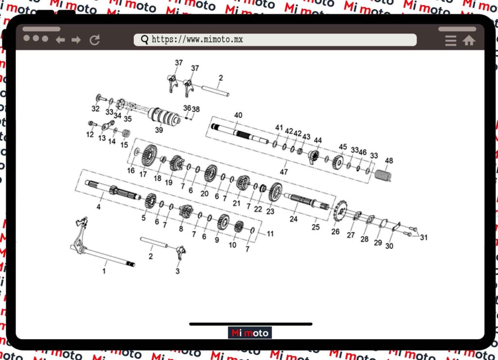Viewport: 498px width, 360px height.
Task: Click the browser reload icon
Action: point(95,40)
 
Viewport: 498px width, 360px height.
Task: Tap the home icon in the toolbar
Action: point(469,40)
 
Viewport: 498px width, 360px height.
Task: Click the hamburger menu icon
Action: point(451,41)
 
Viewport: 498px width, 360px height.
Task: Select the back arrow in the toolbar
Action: point(60,40)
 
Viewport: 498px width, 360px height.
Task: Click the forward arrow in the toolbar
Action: point(76,40)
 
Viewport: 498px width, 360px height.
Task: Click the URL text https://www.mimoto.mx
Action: point(197,39)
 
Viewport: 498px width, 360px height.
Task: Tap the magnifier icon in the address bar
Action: point(144,40)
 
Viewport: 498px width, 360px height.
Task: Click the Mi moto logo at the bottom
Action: point(249,333)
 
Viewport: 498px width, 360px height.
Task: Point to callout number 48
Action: point(389,161)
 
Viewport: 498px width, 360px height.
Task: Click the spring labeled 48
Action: point(383,176)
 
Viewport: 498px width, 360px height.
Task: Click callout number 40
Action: point(238,115)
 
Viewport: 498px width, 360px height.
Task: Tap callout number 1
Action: point(104,271)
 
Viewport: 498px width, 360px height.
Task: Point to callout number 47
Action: point(284,172)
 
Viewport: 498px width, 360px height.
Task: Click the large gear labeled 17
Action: point(149,155)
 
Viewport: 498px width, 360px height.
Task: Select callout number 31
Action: point(424,237)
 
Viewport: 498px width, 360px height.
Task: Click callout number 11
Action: point(270,234)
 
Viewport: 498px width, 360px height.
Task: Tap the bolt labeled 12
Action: point(92,123)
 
